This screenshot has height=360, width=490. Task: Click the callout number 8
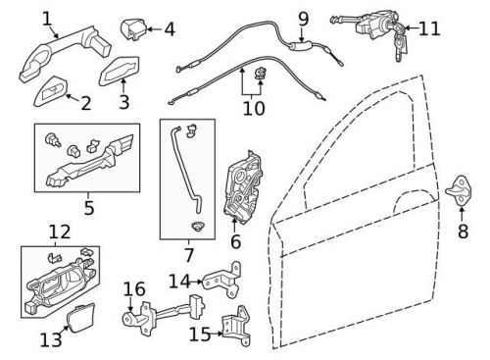pyautogui.click(x=463, y=232)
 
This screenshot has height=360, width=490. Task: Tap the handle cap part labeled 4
pyautogui.click(x=133, y=28)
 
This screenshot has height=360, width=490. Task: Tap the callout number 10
pyautogui.click(x=253, y=107)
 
